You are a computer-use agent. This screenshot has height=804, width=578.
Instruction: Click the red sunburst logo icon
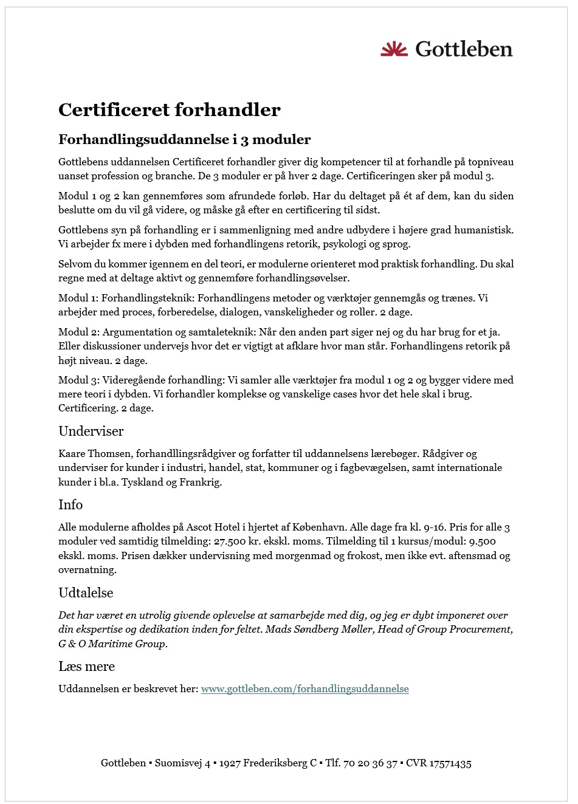tap(394, 49)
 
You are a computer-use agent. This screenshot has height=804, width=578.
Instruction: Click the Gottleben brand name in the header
tap(464, 49)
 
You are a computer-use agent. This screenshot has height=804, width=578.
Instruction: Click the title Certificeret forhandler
tap(170, 110)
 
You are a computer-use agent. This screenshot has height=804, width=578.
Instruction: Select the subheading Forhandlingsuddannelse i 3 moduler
tap(184, 140)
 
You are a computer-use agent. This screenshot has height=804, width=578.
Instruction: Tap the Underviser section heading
tap(91, 431)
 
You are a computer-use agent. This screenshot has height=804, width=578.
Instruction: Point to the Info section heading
tap(71, 505)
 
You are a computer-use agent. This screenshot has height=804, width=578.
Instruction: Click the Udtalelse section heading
tap(86, 593)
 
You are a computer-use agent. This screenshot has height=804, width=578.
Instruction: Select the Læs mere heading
tap(86, 667)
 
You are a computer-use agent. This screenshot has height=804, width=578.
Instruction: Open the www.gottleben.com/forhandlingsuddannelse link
tap(304, 689)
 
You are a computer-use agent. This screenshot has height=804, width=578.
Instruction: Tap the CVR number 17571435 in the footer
tap(450, 763)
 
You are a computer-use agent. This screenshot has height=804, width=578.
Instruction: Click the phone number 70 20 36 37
tap(370, 763)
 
